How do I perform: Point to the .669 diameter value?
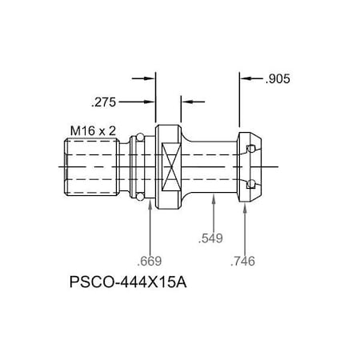coord(150,261)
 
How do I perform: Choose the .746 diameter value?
coord(242,261)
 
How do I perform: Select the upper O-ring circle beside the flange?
coord(141,135)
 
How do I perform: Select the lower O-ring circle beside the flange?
coord(141,197)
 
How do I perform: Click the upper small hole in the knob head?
coord(251,149)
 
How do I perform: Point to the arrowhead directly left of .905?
coord(246,79)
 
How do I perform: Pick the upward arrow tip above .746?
coord(243,205)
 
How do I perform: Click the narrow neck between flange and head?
coord(212,166)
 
